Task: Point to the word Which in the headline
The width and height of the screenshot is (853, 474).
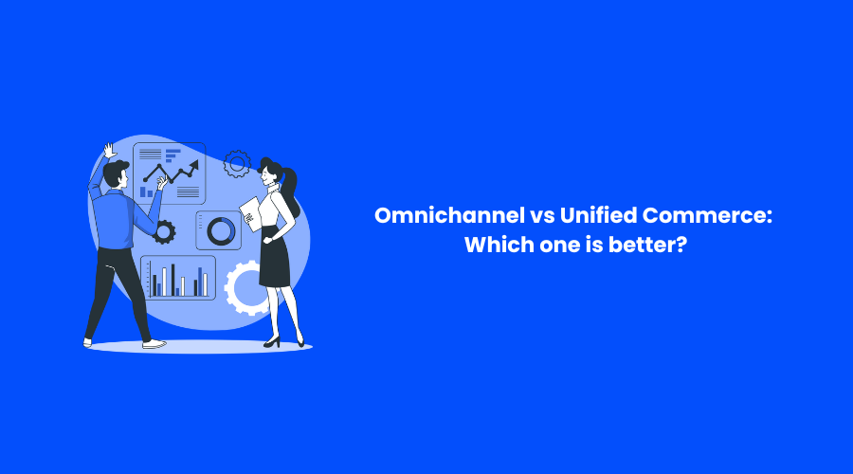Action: pyautogui.click(x=499, y=245)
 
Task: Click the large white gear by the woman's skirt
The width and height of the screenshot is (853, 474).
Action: pyautogui.click(x=244, y=288)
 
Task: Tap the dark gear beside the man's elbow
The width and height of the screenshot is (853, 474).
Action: pyautogui.click(x=164, y=232)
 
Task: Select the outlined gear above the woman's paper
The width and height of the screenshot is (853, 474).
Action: pyautogui.click(x=237, y=164)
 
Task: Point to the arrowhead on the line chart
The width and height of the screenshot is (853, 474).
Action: pyautogui.click(x=194, y=165)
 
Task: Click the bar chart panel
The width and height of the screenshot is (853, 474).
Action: pyautogui.click(x=178, y=278)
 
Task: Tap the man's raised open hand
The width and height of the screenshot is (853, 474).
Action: pyautogui.click(x=110, y=151)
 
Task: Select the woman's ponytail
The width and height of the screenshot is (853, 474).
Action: pyautogui.click(x=291, y=191)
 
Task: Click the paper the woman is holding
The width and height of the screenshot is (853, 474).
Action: pyautogui.click(x=250, y=214)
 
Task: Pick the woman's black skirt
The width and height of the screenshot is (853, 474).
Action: pyautogui.click(x=275, y=259)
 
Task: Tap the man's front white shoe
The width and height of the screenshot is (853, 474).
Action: pyautogui.click(x=154, y=344)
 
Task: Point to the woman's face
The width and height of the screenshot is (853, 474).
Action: pyautogui.click(x=266, y=174)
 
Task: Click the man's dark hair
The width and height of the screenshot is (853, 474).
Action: pyautogui.click(x=115, y=171)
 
